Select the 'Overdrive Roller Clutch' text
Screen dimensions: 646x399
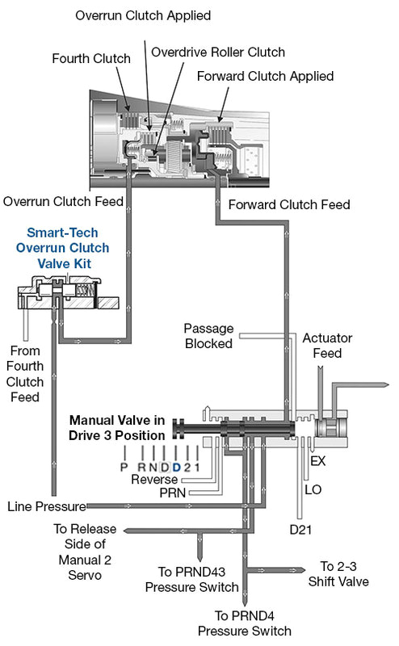click(218, 52)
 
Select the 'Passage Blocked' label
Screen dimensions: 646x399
click(208, 336)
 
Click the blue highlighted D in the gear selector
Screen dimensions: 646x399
click(176, 467)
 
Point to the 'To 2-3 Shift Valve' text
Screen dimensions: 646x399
click(345, 573)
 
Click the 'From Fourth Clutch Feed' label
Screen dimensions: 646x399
click(26, 374)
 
